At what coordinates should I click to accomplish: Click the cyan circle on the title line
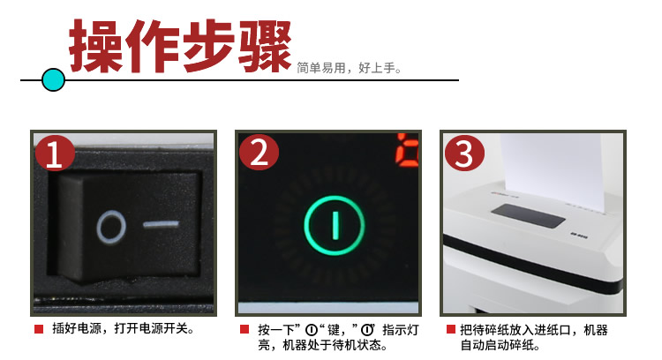54,79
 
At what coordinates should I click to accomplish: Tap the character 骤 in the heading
265,46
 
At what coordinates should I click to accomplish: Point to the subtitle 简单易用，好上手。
350,68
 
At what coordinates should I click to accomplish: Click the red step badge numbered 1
55,154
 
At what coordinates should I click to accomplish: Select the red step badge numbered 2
259,154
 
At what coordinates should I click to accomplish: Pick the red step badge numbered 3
464,154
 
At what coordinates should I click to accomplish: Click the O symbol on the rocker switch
111,228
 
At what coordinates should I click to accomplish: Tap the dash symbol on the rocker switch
161,224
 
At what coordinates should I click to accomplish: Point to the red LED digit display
407,148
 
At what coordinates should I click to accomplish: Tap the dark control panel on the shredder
528,216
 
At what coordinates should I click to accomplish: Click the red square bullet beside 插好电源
39,329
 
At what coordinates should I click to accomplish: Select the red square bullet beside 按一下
244,329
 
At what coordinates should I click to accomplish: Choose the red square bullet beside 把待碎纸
451,329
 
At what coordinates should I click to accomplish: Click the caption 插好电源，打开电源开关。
123,329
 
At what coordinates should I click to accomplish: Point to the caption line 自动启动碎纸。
500,345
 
